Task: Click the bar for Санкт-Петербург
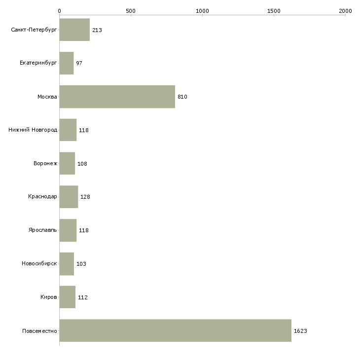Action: pyautogui.click(x=74, y=30)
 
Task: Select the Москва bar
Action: pyautogui.click(x=117, y=97)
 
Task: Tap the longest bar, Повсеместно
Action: pyautogui.click(x=176, y=330)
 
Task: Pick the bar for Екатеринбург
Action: pyautogui.click(x=67, y=63)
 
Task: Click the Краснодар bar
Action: pyautogui.click(x=69, y=197)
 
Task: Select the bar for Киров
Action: pyautogui.click(x=68, y=297)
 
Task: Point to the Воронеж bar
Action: pyautogui.click(x=67, y=163)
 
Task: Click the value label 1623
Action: pyautogui.click(x=300, y=331)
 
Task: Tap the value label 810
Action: pyautogui.click(x=182, y=97)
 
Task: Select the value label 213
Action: pyautogui.click(x=97, y=30)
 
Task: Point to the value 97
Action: pyautogui.click(x=79, y=63)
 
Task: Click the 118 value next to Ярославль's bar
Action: pyautogui.click(x=84, y=230)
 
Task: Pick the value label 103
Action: pyautogui.click(x=81, y=264)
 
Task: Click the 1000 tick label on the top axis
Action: pyautogui.click(x=202, y=11)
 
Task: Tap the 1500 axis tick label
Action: pyautogui.click(x=274, y=11)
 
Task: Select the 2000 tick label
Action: pyautogui.click(x=345, y=11)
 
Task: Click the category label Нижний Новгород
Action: pyautogui.click(x=33, y=130)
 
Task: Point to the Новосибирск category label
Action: pyautogui.click(x=39, y=263)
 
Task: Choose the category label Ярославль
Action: pyautogui.click(x=42, y=230)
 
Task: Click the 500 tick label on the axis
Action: pyautogui.click(x=131, y=11)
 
